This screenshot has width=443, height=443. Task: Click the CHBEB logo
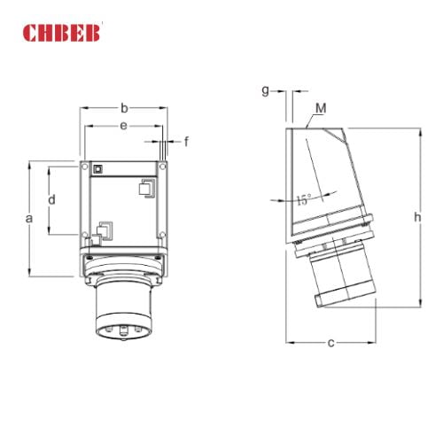click(x=63, y=35)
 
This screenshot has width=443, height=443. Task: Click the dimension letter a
click(x=29, y=217)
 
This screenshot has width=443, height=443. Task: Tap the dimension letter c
click(x=330, y=342)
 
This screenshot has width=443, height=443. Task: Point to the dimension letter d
click(x=51, y=200)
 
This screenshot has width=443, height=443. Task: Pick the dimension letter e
click(x=123, y=128)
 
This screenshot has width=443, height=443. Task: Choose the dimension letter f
click(x=187, y=141)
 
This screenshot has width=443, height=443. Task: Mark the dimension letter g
click(x=265, y=90)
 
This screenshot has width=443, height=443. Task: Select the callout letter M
click(x=321, y=108)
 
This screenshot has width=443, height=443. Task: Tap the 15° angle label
click(x=304, y=201)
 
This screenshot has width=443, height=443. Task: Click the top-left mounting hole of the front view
click(x=85, y=165)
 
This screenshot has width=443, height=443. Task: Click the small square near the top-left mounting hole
click(x=99, y=167)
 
